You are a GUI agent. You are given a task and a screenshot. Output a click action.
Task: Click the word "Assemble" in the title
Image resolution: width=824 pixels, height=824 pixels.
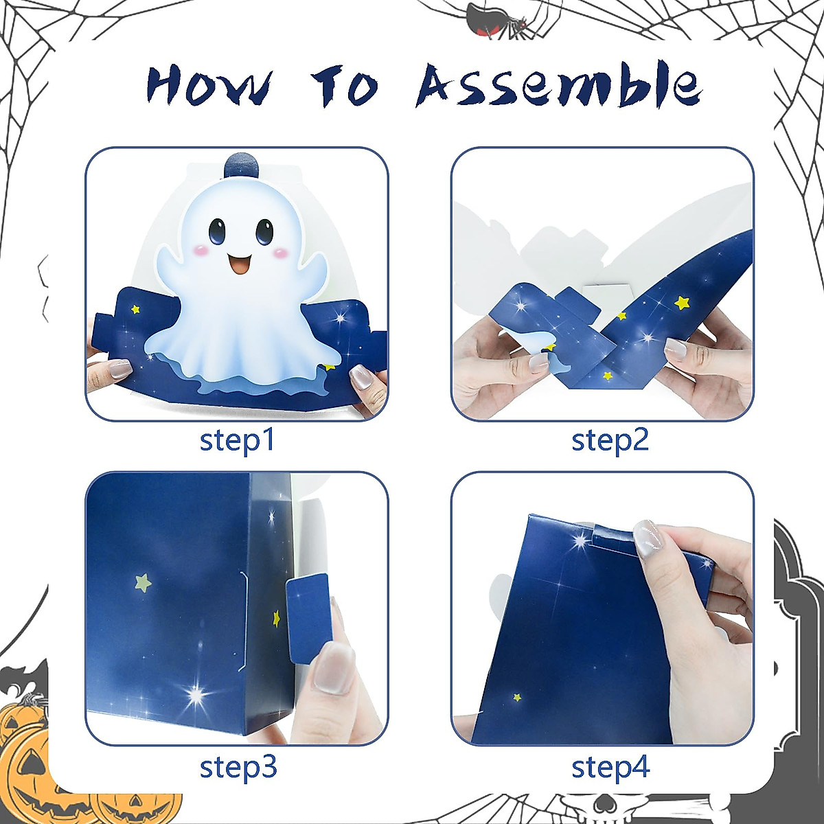[560, 86]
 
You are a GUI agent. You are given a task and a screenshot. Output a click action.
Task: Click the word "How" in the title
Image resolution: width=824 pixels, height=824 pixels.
[209, 86]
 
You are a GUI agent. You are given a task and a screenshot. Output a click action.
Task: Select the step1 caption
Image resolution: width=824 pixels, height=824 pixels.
[237, 440]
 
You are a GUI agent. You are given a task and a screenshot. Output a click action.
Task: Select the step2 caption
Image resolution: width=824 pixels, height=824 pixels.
[610, 440]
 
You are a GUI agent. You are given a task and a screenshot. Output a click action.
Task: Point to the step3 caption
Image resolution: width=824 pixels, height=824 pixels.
[238, 767]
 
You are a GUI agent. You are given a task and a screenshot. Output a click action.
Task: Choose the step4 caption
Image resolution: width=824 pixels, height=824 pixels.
[610, 767]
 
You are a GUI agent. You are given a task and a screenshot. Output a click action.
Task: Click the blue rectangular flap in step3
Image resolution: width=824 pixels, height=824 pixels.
[308, 619]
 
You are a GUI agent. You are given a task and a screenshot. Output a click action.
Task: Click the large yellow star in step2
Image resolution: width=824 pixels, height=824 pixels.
[682, 301]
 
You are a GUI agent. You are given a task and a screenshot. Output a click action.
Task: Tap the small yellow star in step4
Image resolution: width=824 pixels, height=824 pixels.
[517, 698]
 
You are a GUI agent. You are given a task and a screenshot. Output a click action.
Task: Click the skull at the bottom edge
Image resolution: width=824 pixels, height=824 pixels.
[591, 810]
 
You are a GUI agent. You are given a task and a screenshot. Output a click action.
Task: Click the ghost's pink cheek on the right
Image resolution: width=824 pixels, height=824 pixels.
[281, 254]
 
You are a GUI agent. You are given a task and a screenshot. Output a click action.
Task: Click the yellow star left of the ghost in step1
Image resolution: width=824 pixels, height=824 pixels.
[135, 310]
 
